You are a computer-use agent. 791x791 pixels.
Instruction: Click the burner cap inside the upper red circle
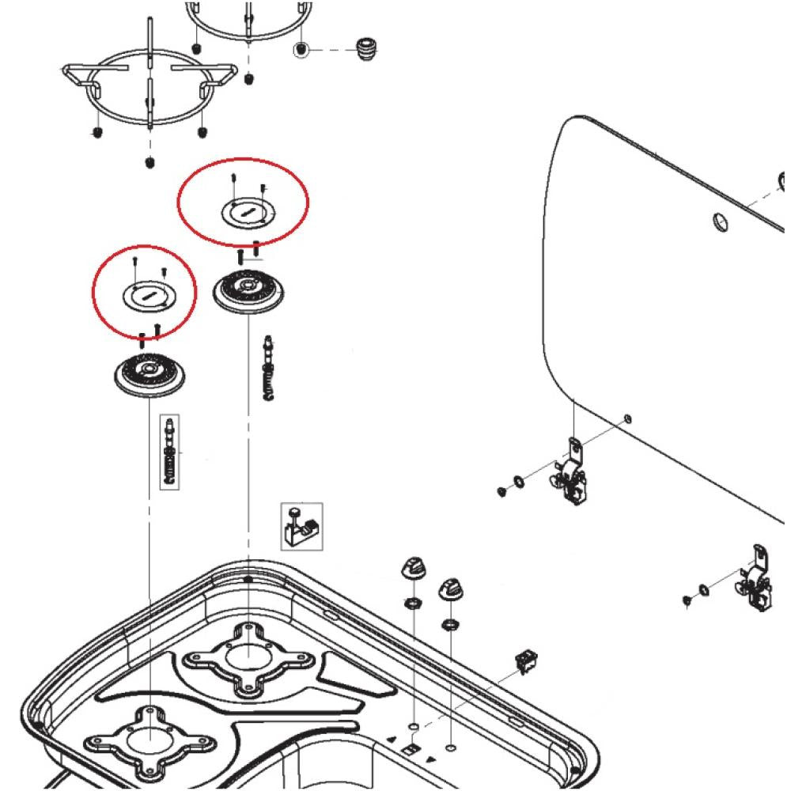point(245,212)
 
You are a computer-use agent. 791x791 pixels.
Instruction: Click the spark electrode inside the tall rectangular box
point(169,452)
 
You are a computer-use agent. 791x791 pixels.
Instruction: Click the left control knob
point(414,568)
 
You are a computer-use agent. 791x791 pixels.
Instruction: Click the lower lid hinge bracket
point(755,581)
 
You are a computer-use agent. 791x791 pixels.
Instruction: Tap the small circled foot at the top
point(301,51)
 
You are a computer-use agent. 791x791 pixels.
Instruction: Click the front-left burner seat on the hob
point(149,738)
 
